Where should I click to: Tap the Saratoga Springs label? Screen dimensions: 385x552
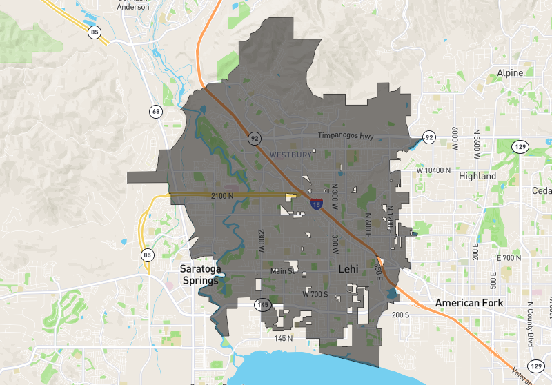click(199, 275)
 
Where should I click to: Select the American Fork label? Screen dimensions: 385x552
click(469, 303)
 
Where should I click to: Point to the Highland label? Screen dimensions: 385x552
click(477, 176)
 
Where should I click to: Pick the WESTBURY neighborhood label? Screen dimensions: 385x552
click(290, 154)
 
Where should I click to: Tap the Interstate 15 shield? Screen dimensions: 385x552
click(315, 204)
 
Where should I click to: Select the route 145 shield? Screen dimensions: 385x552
click(263, 304)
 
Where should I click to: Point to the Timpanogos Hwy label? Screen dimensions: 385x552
click(346, 137)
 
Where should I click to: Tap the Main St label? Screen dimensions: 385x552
click(282, 271)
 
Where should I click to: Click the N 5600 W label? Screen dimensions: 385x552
click(476, 140)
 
